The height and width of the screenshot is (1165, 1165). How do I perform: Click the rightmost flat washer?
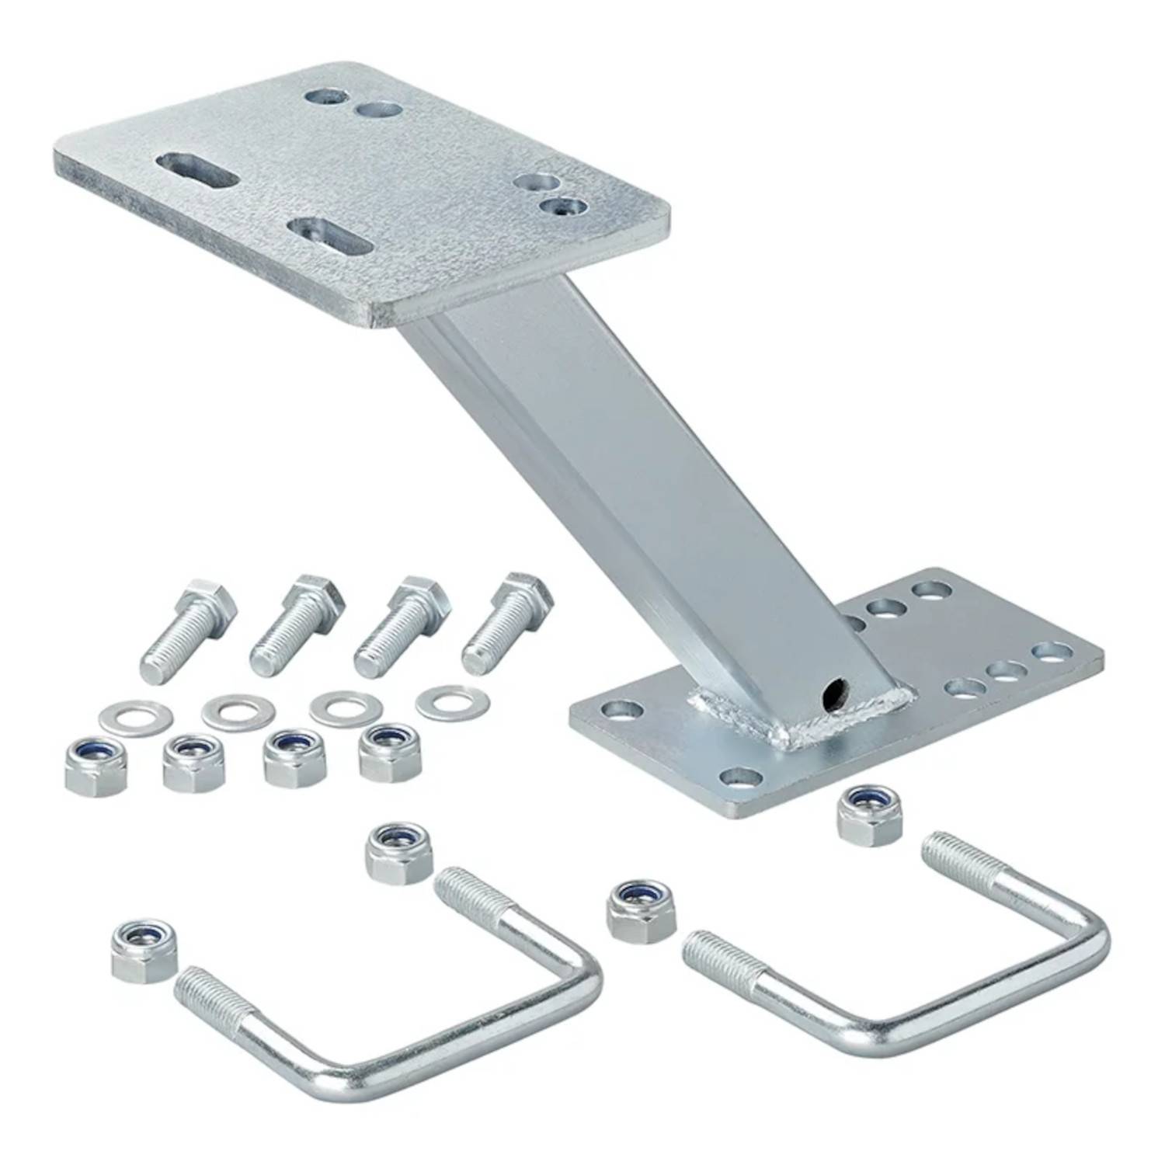[452, 701]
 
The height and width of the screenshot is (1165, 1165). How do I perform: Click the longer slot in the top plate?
[197, 169]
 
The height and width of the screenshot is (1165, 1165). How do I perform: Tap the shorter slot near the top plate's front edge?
[329, 236]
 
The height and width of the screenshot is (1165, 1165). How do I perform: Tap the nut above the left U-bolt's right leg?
[398, 853]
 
